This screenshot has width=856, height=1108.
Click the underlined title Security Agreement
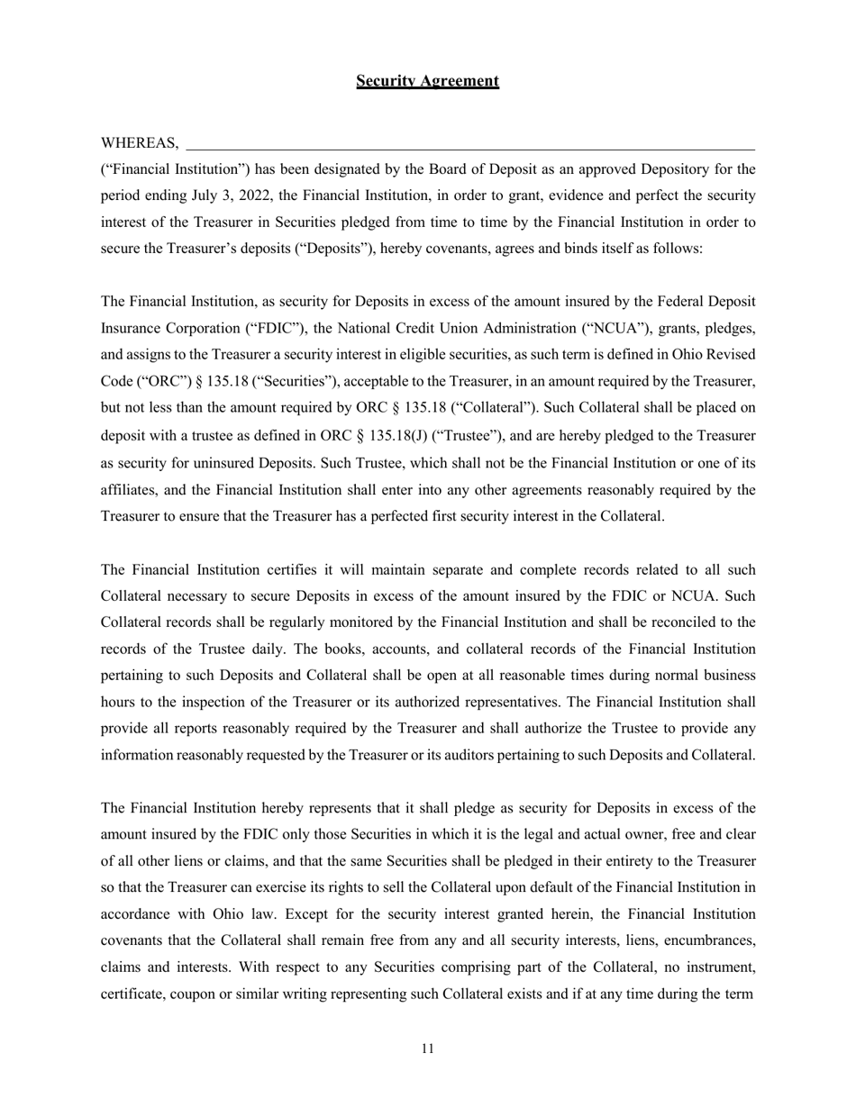tap(427, 81)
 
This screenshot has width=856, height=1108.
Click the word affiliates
tap(129, 490)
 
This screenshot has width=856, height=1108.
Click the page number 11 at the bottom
tap(427, 1049)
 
